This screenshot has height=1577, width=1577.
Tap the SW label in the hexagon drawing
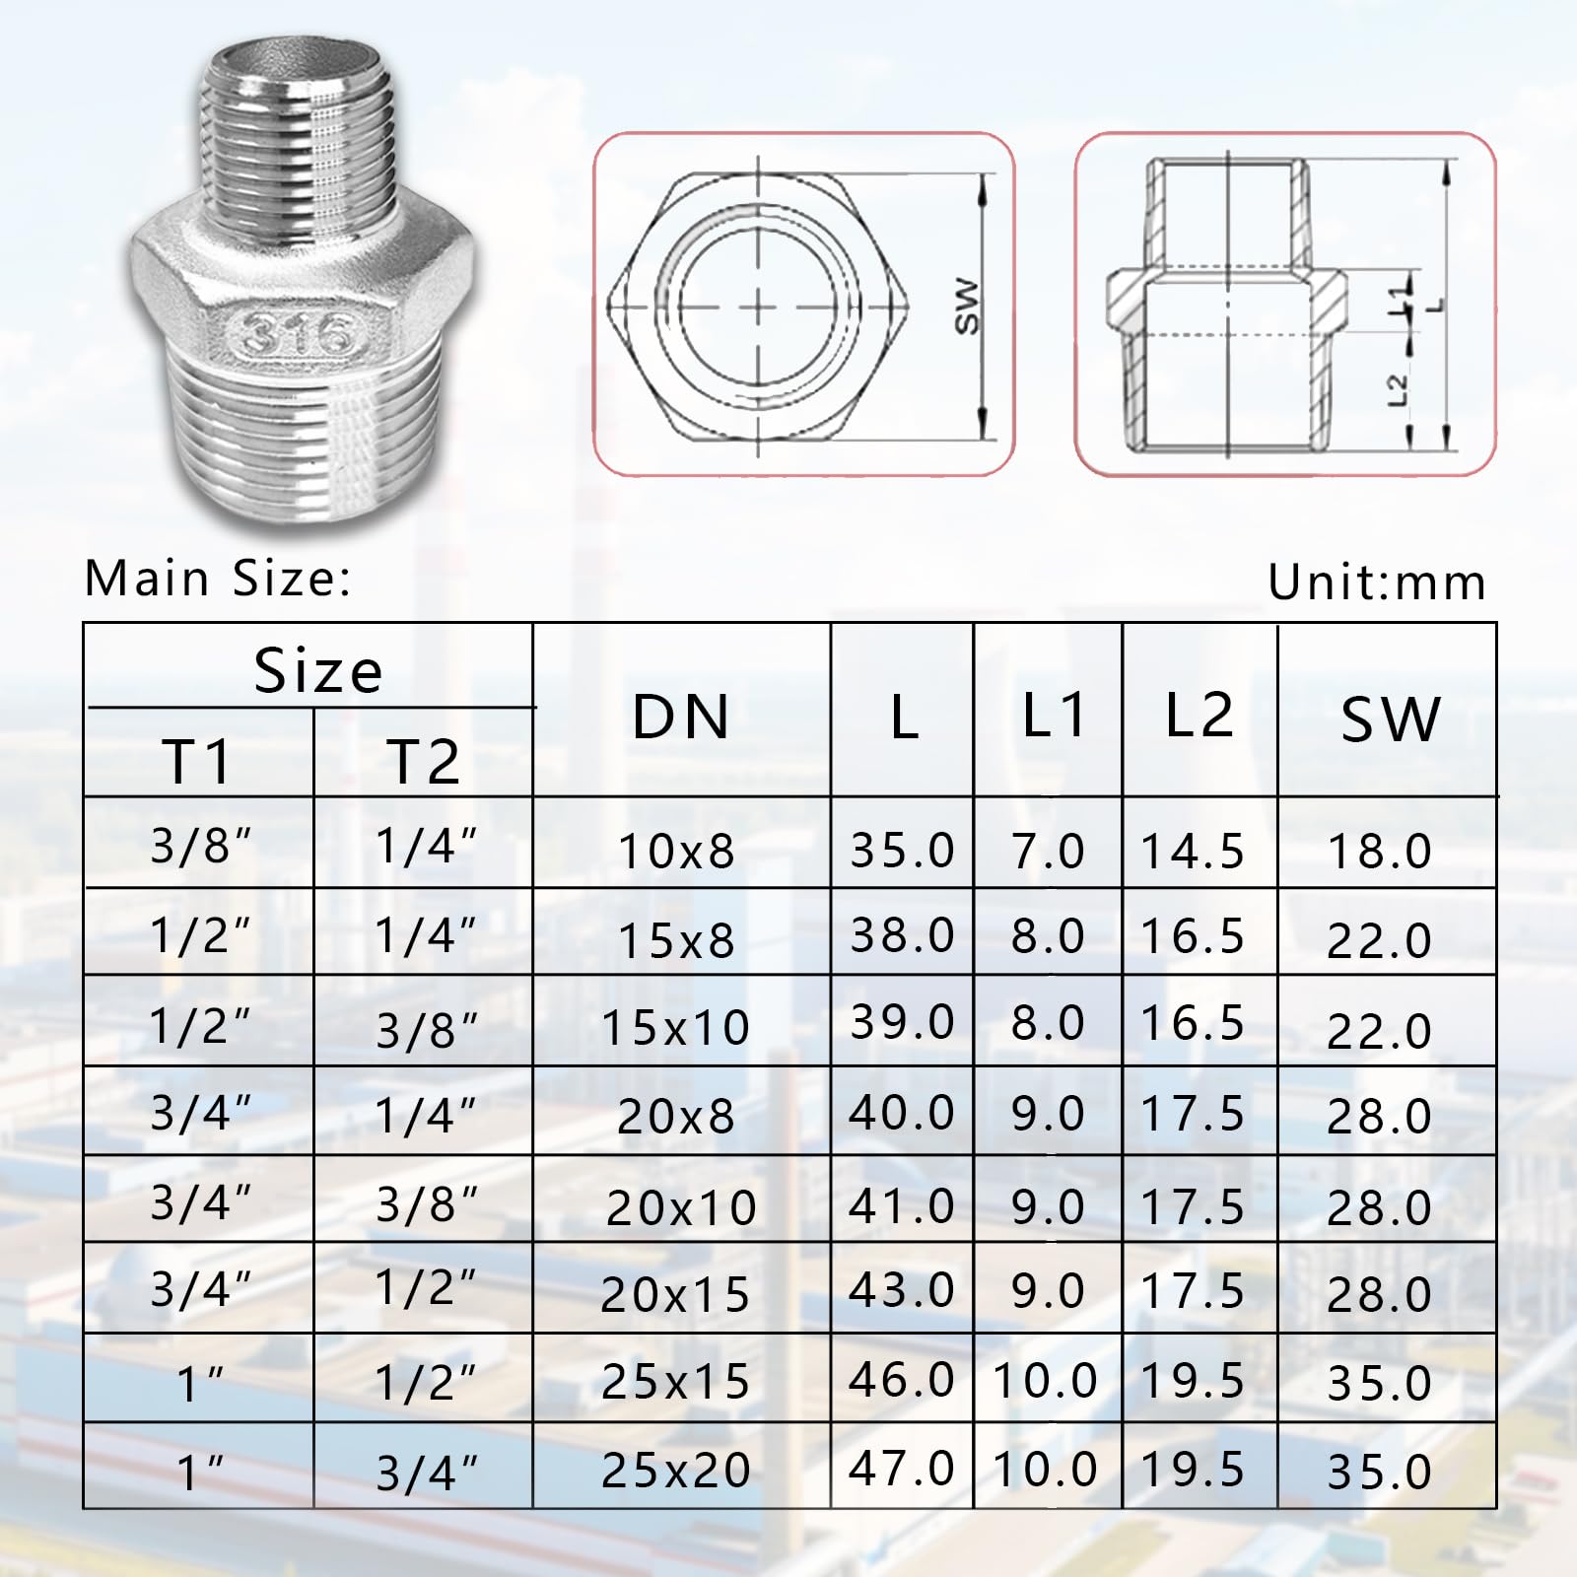(x=969, y=307)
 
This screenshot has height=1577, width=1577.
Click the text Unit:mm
(x=1377, y=583)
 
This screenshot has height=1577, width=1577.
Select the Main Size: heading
(x=218, y=578)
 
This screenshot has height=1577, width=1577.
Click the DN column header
(x=681, y=717)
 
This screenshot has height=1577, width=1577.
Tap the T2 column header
(x=424, y=761)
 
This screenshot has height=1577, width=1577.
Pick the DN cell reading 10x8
(x=677, y=852)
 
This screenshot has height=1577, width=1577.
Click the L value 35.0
(x=902, y=850)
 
